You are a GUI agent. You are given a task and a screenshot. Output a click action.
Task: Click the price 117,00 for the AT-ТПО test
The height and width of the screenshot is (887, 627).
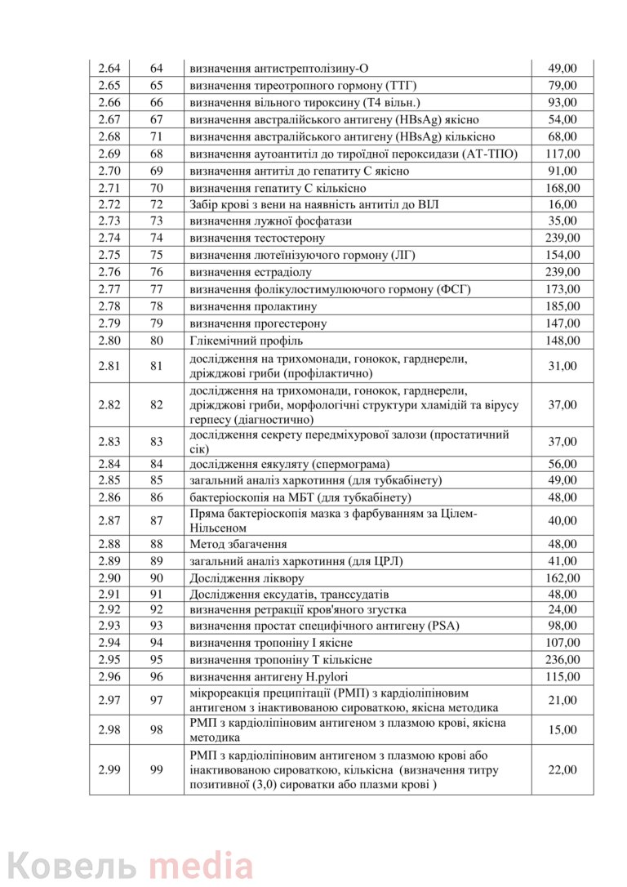pyautogui.click(x=563, y=154)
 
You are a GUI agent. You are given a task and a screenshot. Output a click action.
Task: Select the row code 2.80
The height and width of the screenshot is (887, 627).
pyautogui.click(x=109, y=340)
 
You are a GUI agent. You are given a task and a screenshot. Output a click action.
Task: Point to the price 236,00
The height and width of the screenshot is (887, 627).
pyautogui.click(x=563, y=659)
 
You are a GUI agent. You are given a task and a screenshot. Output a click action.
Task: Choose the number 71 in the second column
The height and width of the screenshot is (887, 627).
pyautogui.click(x=157, y=136)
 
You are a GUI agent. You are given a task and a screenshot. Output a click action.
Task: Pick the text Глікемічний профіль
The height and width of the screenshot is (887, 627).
pyautogui.click(x=246, y=340)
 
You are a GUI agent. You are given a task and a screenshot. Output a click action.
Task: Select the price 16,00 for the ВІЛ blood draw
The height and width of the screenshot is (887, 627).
pyautogui.click(x=563, y=204)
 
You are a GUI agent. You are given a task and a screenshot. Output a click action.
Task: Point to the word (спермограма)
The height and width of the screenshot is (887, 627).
pyautogui.click(x=349, y=464)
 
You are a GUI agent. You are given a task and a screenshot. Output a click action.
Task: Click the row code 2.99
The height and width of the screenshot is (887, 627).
pyautogui.click(x=109, y=769)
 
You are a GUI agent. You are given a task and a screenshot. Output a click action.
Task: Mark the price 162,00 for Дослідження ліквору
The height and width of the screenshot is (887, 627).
pyautogui.click(x=563, y=577)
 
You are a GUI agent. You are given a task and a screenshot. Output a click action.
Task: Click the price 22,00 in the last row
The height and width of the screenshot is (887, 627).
pyautogui.click(x=563, y=769)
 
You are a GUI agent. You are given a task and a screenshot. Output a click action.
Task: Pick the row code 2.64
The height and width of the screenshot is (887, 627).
pyautogui.click(x=109, y=69)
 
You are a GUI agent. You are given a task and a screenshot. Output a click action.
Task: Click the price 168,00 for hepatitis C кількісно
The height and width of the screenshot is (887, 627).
pyautogui.click(x=563, y=188)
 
